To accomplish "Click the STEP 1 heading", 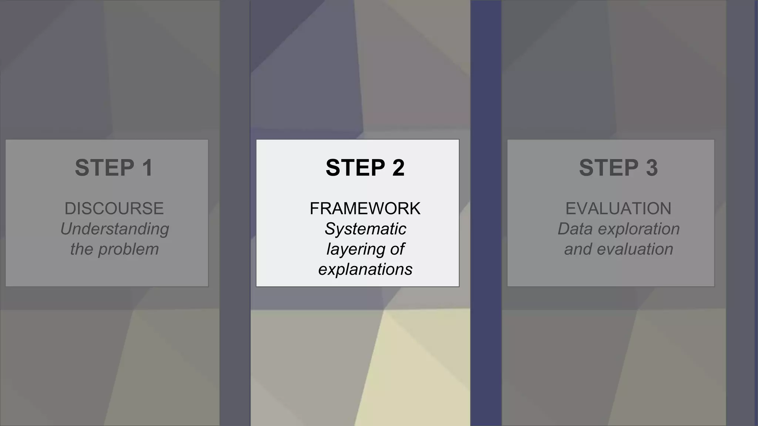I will [114, 168].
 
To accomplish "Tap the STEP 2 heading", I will [365, 168].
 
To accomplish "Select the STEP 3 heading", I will [618, 168].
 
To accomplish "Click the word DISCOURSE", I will [114, 209].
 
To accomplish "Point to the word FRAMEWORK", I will [365, 209].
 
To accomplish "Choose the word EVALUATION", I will [618, 209].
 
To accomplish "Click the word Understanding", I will [114, 229].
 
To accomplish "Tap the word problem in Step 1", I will [128, 250].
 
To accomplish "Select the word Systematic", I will [365, 229].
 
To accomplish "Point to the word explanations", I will [365, 270].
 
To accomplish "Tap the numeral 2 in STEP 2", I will [398, 168].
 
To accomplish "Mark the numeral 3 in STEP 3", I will [651, 168].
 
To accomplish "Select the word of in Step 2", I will [397, 249].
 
